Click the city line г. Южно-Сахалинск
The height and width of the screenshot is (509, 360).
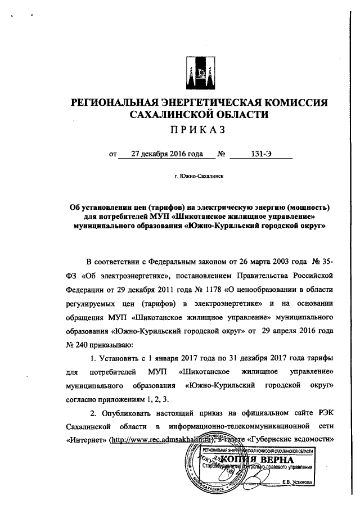tap(199, 176)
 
